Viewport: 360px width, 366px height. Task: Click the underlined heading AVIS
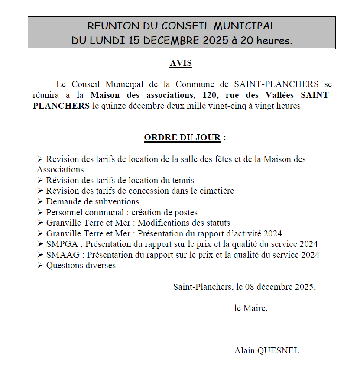[x=181, y=63]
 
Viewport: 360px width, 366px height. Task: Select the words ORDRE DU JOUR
[x=182, y=138]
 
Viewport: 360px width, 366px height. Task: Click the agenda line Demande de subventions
[x=93, y=201]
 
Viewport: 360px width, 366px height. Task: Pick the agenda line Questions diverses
[x=81, y=265]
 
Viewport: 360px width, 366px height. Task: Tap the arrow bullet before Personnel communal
[x=40, y=212]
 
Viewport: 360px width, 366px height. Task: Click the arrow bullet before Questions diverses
[x=40, y=265]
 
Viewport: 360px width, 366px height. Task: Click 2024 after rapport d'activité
[x=272, y=233]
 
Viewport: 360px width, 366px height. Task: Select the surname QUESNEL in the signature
[x=279, y=350]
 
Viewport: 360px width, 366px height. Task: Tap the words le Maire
[x=251, y=308]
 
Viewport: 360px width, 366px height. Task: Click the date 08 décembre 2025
[x=280, y=287]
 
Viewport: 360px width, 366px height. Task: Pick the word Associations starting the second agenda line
[x=60, y=169]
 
